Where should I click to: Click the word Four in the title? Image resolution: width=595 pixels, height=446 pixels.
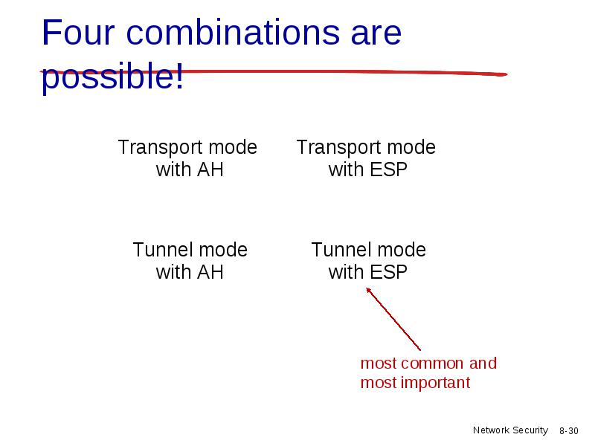point(78,33)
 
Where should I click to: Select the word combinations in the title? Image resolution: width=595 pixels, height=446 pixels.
point(233,33)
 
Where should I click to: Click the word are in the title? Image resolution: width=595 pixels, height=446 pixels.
point(376,35)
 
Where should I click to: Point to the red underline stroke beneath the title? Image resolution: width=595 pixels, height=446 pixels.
point(274,72)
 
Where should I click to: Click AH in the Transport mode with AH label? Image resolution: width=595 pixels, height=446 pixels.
point(210,169)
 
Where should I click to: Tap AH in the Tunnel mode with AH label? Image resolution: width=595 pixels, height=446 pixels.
point(210,272)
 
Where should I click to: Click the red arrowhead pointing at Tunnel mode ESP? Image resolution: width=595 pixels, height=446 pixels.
point(368,290)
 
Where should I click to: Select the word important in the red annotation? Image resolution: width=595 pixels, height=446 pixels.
point(436,383)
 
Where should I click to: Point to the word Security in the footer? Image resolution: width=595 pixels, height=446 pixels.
point(530,430)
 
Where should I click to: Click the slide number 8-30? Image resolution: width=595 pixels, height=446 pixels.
point(568,431)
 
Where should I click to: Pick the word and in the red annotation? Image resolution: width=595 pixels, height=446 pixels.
point(483,363)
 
